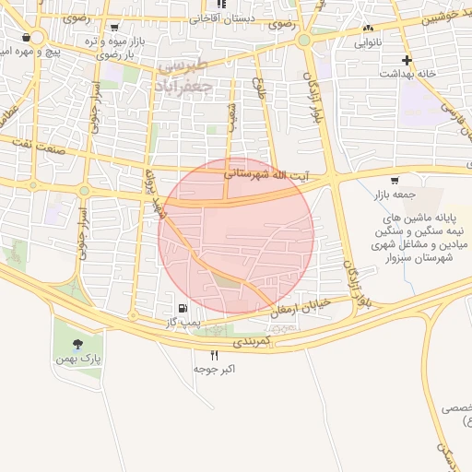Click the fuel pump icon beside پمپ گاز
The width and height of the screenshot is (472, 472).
[x=182, y=308]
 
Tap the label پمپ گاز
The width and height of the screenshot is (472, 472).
[x=183, y=323]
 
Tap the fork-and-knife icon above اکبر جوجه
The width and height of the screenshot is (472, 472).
[x=215, y=354]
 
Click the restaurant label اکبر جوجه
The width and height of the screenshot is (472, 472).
[x=216, y=369]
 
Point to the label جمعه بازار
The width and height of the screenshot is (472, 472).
[x=395, y=195]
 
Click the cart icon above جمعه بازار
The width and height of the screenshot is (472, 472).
[x=395, y=180]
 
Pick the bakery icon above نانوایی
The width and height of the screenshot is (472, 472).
[x=369, y=29]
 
